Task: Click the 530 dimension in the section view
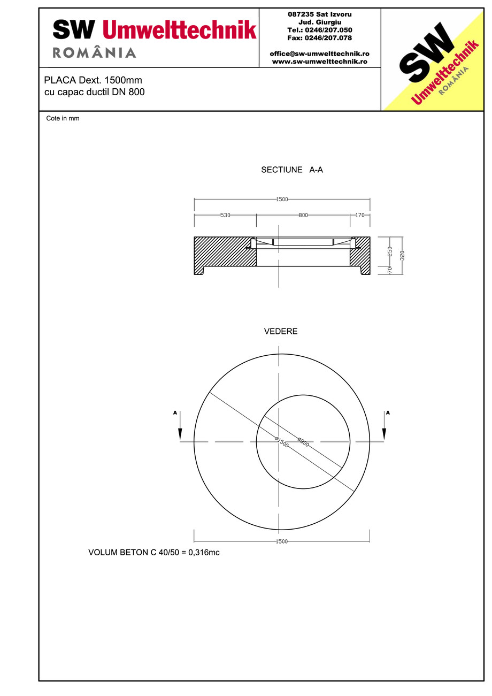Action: point(225,215)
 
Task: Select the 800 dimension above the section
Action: point(303,215)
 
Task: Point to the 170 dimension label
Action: point(359,215)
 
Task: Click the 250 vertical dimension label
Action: point(390,250)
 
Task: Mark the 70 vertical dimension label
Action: point(390,271)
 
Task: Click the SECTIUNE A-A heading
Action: point(292,170)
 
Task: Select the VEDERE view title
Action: point(281,332)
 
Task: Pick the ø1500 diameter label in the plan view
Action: point(282,442)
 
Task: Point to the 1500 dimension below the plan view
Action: point(282,541)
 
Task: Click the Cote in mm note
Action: point(63,119)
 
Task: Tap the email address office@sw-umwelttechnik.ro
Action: point(319,53)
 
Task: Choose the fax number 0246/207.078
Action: point(320,38)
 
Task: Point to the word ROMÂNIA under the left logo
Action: point(94,53)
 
